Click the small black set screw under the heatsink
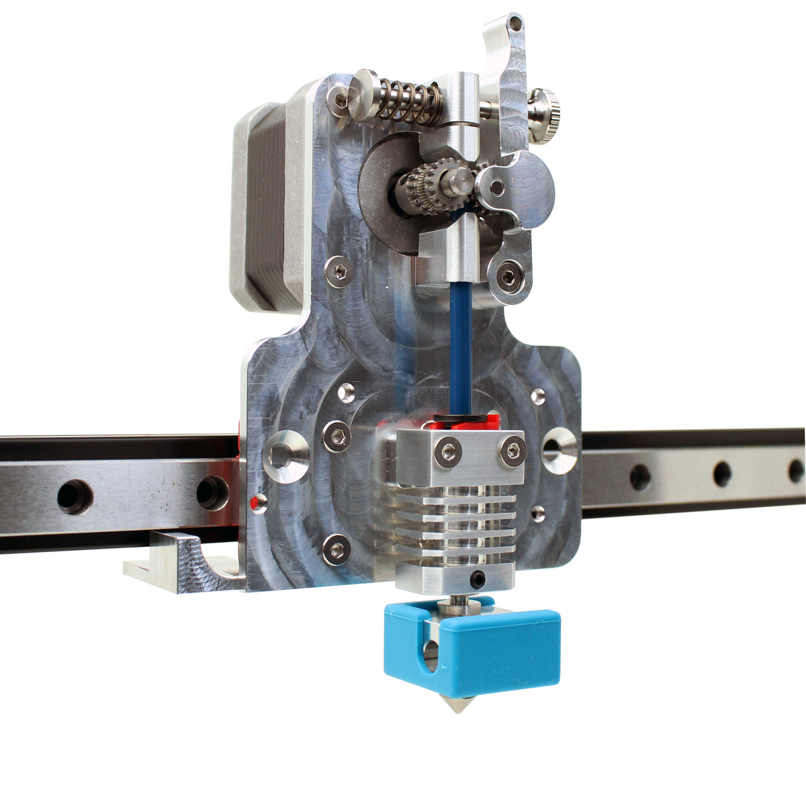pyautogui.click(x=478, y=578)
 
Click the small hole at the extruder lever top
pyautogui.click(x=516, y=24)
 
